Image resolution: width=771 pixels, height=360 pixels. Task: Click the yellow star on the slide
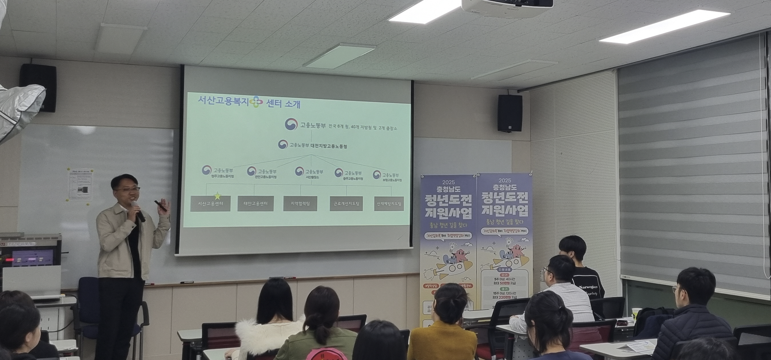click(217, 196)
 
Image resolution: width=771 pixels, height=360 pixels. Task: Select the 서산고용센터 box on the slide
click(210, 204)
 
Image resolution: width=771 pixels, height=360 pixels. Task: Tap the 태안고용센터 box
click(256, 204)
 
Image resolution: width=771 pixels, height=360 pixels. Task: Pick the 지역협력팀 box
click(300, 203)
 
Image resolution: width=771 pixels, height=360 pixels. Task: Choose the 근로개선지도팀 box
click(346, 203)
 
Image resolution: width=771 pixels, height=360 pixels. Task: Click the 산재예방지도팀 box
click(389, 203)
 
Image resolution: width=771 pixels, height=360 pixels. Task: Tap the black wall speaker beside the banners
click(510, 113)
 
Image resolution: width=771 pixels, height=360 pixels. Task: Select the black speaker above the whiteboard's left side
click(39, 88)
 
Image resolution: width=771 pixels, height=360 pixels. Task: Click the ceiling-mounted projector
click(506, 7)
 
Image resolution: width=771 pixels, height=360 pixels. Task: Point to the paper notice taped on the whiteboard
click(80, 185)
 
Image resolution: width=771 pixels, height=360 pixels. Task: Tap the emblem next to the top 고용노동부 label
click(291, 124)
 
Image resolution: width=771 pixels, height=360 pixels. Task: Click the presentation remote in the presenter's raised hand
click(160, 206)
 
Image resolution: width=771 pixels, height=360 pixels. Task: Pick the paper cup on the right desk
click(636, 314)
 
